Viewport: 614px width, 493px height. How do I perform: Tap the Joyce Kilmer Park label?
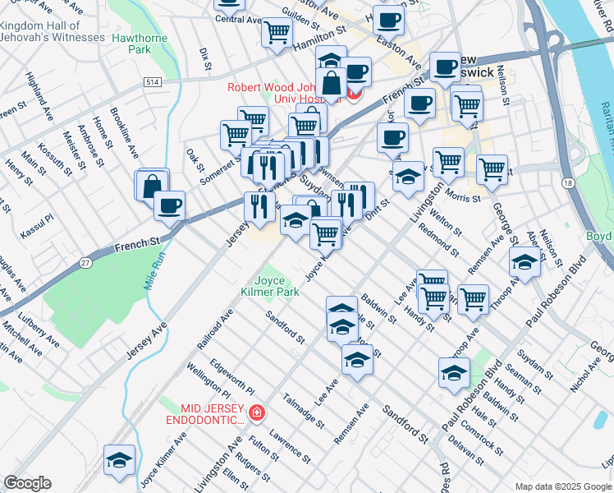270,286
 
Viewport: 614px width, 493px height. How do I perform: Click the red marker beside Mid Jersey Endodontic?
257,412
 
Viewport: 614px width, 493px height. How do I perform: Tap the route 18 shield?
569,189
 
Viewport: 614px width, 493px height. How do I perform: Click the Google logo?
27,483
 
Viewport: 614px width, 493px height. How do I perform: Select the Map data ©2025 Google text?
562,486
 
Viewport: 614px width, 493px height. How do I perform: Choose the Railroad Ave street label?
215,328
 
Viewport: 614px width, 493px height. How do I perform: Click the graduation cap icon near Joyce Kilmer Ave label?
120,460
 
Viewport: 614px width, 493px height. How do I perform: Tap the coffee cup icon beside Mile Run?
169,205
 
